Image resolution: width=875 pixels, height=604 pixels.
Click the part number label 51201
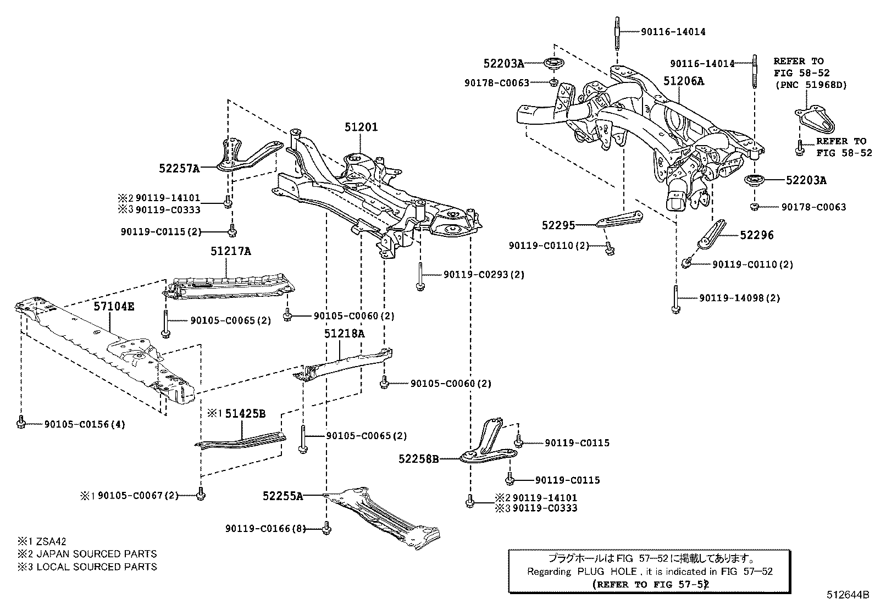(x=361, y=127)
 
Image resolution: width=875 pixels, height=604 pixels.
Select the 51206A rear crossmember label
(x=683, y=81)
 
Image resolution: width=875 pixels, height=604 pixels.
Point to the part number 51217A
(x=230, y=251)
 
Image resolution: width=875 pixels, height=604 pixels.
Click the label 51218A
(x=344, y=334)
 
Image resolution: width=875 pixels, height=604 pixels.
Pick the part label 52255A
(x=283, y=496)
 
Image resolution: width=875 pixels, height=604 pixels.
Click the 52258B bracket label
(x=418, y=458)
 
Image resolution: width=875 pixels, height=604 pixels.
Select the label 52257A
(x=179, y=168)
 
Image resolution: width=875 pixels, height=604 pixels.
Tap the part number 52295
(x=558, y=225)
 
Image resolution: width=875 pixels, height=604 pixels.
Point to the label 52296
(x=756, y=235)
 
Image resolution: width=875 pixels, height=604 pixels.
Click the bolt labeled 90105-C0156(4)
(x=21, y=423)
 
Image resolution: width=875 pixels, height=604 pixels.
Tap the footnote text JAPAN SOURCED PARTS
(x=96, y=554)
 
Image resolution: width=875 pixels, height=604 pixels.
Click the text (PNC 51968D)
(x=811, y=85)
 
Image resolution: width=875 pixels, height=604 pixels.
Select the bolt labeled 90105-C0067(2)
(x=201, y=495)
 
